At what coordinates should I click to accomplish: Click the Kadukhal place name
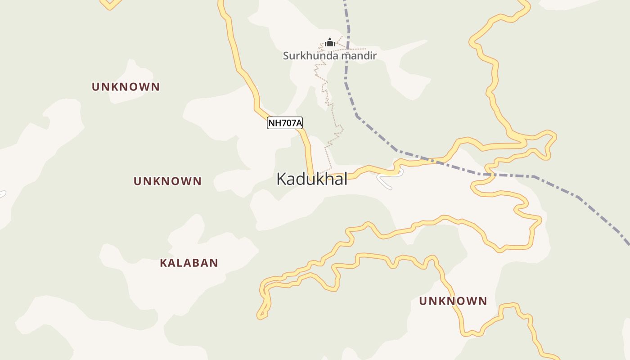tap(312, 179)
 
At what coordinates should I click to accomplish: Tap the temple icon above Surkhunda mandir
tap(330, 43)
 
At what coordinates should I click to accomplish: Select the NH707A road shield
tap(284, 123)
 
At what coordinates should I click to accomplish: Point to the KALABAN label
tap(189, 263)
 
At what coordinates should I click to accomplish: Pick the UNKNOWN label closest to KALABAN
tap(167, 181)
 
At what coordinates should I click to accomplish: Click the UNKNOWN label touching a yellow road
tap(453, 301)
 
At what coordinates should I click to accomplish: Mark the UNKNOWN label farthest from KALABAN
tap(453, 301)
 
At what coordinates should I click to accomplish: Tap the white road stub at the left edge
tap(2, 194)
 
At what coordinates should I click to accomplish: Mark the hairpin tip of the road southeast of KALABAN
tap(260, 316)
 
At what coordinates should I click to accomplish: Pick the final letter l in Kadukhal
tap(345, 179)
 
